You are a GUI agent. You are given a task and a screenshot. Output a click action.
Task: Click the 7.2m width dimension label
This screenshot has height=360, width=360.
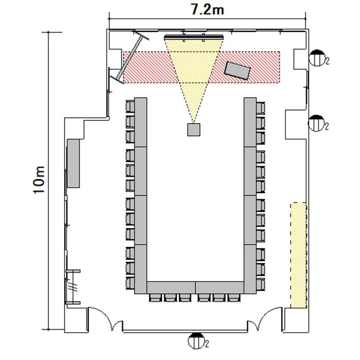(207, 10)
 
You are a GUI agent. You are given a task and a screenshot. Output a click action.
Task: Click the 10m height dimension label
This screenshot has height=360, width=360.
(39, 180)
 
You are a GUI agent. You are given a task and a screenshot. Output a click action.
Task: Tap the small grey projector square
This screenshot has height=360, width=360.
(193, 129)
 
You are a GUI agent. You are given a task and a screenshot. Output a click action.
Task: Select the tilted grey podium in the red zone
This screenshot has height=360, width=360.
(237, 70)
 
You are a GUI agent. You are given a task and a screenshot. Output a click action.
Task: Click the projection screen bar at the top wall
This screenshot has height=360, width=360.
(194, 37)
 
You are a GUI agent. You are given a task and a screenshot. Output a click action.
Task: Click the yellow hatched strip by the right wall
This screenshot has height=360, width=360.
(298, 255)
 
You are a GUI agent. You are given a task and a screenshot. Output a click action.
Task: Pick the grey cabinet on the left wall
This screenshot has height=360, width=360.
(73, 163)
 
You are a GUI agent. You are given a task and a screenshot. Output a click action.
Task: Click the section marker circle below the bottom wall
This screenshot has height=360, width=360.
(196, 341)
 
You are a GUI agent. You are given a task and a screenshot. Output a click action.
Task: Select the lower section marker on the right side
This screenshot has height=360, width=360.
(317, 123)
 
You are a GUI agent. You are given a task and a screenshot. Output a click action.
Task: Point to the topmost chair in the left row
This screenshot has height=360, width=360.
(130, 107)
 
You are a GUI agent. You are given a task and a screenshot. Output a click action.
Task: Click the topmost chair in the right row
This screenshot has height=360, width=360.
(260, 108)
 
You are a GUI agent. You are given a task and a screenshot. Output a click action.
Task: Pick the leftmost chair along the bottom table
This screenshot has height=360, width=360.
(155, 298)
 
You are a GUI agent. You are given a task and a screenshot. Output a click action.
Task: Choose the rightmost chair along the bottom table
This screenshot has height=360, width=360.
(234, 298)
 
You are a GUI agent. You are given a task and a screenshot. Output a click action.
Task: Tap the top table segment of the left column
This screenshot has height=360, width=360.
(141, 122)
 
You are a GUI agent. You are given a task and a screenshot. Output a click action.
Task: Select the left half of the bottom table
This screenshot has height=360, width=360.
(171, 287)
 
